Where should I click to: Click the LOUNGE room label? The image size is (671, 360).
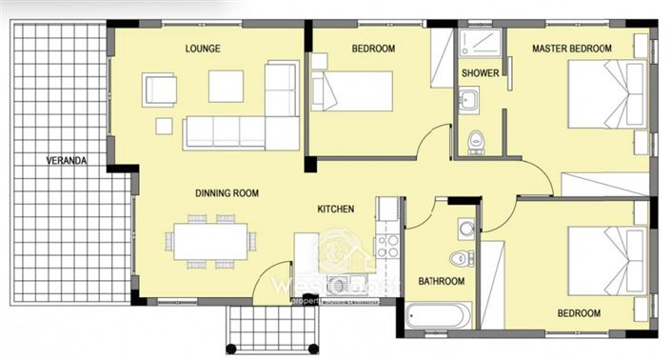point(202,48)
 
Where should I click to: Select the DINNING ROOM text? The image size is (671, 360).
point(227,193)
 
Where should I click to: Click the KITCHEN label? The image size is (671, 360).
point(335,209)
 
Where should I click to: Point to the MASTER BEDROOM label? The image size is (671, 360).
point(571,48)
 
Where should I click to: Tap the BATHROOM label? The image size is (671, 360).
point(441,281)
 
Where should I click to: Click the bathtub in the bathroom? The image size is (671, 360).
point(439,315)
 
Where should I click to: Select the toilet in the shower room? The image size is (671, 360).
point(477,141)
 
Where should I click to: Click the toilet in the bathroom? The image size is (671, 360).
point(462,257)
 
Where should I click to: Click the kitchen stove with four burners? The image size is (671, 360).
point(387,246)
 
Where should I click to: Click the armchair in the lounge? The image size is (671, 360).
point(160,90)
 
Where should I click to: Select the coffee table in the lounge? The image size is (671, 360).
point(226,86)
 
